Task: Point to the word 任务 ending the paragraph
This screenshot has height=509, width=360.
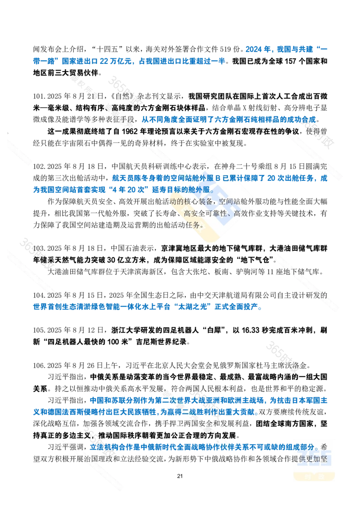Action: click(198, 224)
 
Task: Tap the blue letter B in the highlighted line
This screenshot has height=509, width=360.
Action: click(219, 178)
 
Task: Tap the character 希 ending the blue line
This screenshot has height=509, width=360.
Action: click(324, 447)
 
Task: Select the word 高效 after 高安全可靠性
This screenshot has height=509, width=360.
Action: click(243, 214)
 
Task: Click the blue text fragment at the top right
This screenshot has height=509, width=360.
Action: click(286, 49)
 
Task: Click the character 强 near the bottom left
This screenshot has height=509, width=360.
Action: click(72, 447)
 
